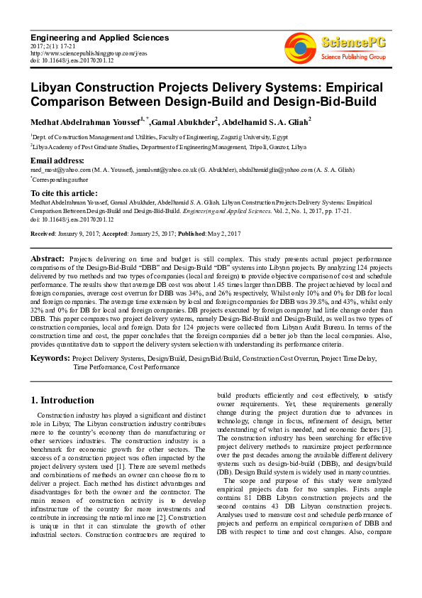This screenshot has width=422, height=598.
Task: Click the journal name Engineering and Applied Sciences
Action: pyautogui.click(x=100, y=37)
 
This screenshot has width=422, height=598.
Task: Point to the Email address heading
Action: pyautogui.click(x=57, y=161)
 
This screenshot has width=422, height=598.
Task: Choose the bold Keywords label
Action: pyautogui.click(x=50, y=359)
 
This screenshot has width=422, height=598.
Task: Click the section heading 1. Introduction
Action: pyautogui.click(x=62, y=400)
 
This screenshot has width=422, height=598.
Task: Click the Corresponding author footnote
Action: pyautogui.click(x=60, y=180)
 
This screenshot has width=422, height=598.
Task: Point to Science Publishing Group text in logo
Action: pyautogui.click(x=352, y=55)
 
